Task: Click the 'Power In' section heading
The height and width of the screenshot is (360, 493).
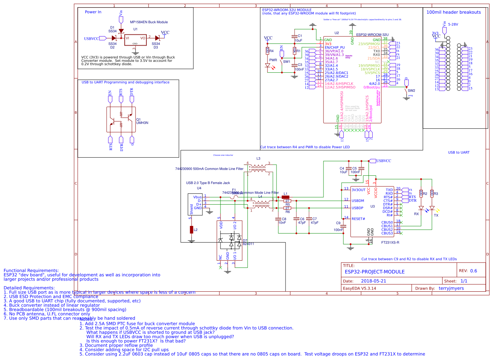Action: pos(93,12)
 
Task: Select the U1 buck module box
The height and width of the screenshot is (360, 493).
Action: pos(135,40)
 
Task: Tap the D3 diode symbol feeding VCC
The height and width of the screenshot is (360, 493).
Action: pos(157,38)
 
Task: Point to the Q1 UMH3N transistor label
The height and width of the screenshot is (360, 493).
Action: pos(142,121)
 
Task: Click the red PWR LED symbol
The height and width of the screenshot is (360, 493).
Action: pos(268,66)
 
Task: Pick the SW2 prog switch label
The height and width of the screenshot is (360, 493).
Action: pos(411,91)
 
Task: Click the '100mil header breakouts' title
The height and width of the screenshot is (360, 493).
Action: pos(453,12)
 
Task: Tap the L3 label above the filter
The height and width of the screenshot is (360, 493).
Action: pos(258,159)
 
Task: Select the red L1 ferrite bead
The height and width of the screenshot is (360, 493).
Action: pos(286,197)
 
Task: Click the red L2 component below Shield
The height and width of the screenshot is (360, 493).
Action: pos(192,230)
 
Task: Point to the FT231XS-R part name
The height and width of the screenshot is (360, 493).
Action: pos(390,243)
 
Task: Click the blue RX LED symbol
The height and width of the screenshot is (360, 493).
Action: pos(421,208)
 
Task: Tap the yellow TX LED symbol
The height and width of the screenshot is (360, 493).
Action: pos(432,208)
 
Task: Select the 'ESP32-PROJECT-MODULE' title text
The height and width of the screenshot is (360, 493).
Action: pos(374,272)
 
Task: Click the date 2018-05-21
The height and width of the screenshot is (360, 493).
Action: pos(373,281)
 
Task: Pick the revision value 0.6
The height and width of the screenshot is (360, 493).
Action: pos(473,271)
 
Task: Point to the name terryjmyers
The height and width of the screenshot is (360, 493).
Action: pos(451,288)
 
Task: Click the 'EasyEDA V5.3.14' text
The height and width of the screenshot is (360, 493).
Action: pos(359,288)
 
